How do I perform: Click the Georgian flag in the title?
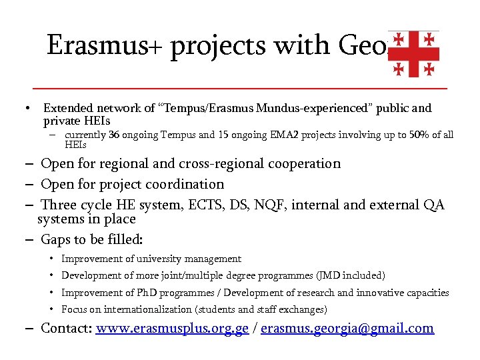(x=413, y=53)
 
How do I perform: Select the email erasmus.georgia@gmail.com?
(x=347, y=328)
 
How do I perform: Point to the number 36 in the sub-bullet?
(x=115, y=135)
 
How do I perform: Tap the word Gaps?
(x=57, y=239)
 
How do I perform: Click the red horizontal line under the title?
(x=240, y=88)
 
